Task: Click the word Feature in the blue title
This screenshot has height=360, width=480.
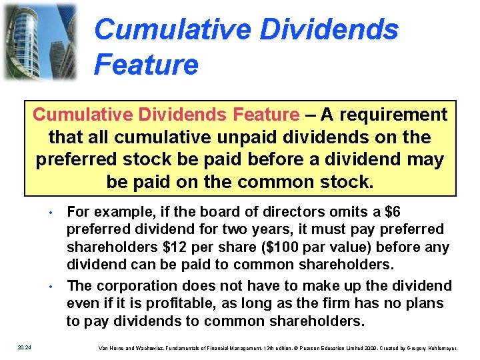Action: click(147, 65)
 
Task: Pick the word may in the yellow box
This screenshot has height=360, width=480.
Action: click(431, 160)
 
